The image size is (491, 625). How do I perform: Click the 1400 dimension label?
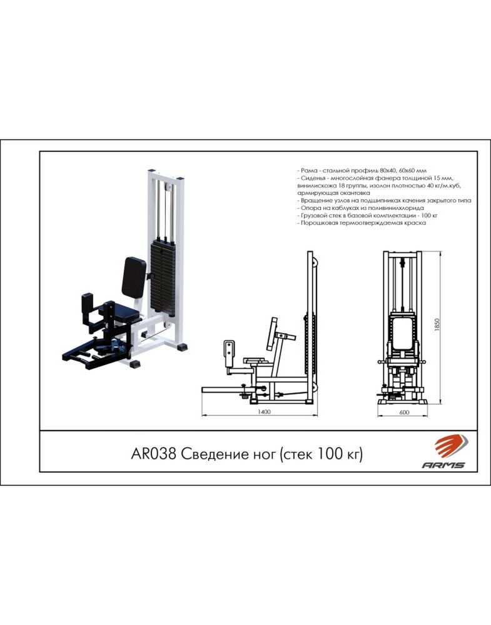click(x=264, y=411)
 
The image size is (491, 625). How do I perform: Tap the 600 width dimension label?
click(x=404, y=412)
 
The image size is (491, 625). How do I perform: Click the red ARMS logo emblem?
click(x=451, y=446)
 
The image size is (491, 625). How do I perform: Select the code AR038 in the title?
click(x=153, y=454)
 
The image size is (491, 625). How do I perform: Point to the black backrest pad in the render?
click(x=134, y=277)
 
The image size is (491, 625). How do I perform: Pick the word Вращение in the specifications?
click(x=315, y=201)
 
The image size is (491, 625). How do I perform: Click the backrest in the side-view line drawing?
click(x=273, y=334)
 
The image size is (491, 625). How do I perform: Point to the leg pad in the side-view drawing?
click(x=230, y=353)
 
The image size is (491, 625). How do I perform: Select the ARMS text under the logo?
click(x=443, y=465)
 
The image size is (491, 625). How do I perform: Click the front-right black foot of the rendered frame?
click(x=136, y=364)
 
